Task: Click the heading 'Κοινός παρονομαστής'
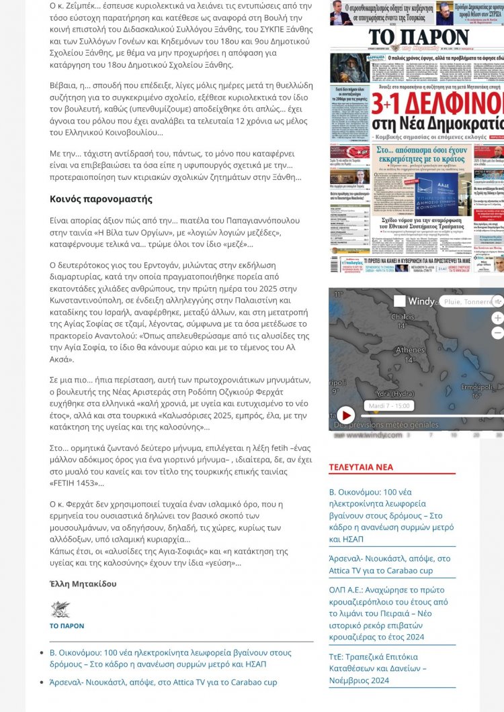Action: point(101,199)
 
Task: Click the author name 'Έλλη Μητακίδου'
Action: point(83,584)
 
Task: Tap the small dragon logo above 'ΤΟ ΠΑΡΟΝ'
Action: point(60,609)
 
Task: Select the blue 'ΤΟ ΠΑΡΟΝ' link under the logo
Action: point(67,625)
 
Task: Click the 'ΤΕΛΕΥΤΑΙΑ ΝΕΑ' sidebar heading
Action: point(360,467)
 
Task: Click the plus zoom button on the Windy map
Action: point(497,318)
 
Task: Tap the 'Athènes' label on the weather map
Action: point(410,350)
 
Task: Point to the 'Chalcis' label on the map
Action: point(403,317)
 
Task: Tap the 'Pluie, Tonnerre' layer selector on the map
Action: point(468,302)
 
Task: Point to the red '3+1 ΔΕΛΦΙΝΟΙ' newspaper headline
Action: point(437,103)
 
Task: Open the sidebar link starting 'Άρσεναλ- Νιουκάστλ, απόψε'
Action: point(390,564)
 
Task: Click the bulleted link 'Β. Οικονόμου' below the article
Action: point(170,658)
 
